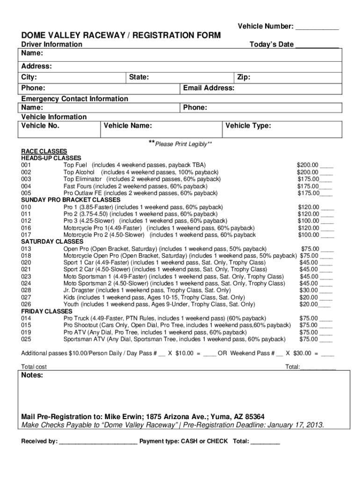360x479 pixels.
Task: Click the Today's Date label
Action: coord(272,44)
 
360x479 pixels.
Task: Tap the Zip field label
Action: coord(243,77)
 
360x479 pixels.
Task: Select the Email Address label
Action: coord(209,88)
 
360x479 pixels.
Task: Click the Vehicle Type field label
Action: coord(248,125)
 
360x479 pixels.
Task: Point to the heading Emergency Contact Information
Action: coord(75,99)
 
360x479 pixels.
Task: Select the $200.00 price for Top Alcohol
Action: coord(308,172)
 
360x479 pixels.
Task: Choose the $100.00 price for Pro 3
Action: coord(309,221)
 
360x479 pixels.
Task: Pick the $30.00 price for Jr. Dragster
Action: coord(309,290)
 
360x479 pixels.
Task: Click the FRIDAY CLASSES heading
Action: coord(47,311)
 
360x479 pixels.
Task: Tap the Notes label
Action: coord(32,376)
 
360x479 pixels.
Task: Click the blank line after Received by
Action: coord(98,442)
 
